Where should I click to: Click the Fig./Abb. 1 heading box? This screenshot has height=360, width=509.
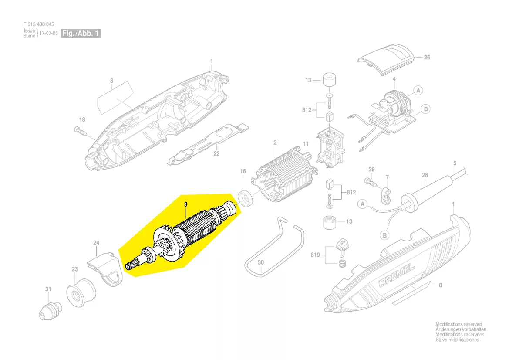point(81,33)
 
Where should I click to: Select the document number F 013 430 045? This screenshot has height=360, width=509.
point(39,24)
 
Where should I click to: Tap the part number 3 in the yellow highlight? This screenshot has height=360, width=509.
point(185,204)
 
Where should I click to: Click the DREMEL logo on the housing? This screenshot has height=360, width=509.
point(397,275)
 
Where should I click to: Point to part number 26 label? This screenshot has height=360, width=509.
point(427,57)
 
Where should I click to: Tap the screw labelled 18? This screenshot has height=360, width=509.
point(81,131)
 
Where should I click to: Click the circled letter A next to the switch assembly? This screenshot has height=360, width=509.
point(418,90)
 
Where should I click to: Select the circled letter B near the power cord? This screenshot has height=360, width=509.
point(384,235)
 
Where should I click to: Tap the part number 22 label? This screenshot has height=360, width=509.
point(216,154)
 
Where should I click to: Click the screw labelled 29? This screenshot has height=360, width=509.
point(371,181)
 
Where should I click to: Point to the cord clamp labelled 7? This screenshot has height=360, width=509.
point(386,196)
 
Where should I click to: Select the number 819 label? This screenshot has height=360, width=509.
point(315,255)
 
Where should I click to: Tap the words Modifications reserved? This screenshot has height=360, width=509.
point(458,324)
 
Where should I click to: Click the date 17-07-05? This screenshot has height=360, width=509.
point(49,33)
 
